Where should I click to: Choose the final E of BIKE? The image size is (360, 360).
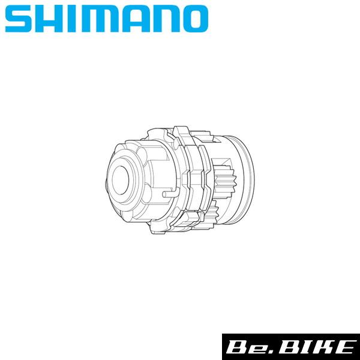[x=341, y=347]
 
